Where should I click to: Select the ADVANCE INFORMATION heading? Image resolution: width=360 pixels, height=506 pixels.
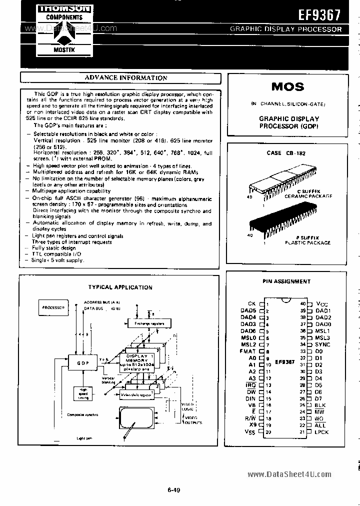126,77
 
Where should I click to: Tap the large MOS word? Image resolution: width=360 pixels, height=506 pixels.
287,86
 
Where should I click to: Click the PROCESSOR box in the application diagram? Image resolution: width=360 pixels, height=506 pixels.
53,307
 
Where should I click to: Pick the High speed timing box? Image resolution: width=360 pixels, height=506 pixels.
83,393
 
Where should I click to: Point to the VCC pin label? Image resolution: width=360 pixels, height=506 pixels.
322,304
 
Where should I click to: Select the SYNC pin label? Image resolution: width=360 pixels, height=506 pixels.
323,344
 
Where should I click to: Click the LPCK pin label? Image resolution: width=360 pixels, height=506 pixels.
322,432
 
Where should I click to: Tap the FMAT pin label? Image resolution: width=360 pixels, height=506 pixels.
248,351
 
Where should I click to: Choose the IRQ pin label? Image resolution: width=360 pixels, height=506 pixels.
250,385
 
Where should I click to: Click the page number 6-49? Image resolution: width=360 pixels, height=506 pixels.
174,490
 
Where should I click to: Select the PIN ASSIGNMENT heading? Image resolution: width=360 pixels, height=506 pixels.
286,281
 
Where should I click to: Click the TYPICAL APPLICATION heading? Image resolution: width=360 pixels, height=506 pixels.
120,287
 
